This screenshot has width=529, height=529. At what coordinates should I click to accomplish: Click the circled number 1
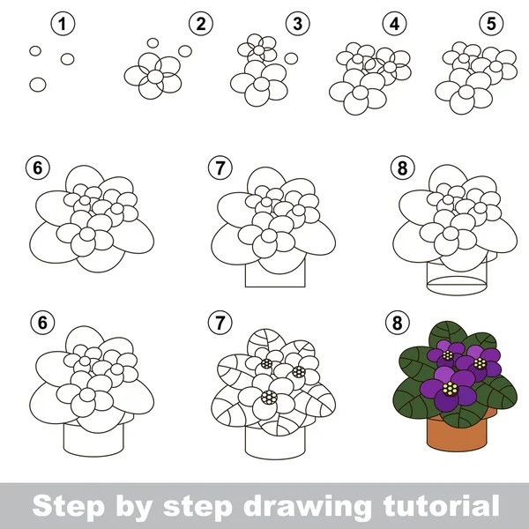63,24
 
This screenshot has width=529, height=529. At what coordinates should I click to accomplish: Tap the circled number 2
201,24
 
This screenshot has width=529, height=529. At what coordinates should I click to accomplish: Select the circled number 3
298,24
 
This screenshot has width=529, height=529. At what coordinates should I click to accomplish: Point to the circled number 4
395,24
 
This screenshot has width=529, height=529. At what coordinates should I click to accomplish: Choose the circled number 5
492,24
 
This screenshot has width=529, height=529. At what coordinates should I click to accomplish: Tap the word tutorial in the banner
442,505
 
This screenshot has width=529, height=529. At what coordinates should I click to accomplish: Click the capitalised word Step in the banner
68,506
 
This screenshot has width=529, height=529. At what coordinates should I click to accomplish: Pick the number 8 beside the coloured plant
398,323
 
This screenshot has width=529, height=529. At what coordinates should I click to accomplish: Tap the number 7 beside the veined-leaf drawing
220,323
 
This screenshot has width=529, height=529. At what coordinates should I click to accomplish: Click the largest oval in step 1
38,85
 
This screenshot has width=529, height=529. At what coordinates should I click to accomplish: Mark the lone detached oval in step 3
291,58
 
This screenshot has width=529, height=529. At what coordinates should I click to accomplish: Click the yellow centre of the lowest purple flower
450,388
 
